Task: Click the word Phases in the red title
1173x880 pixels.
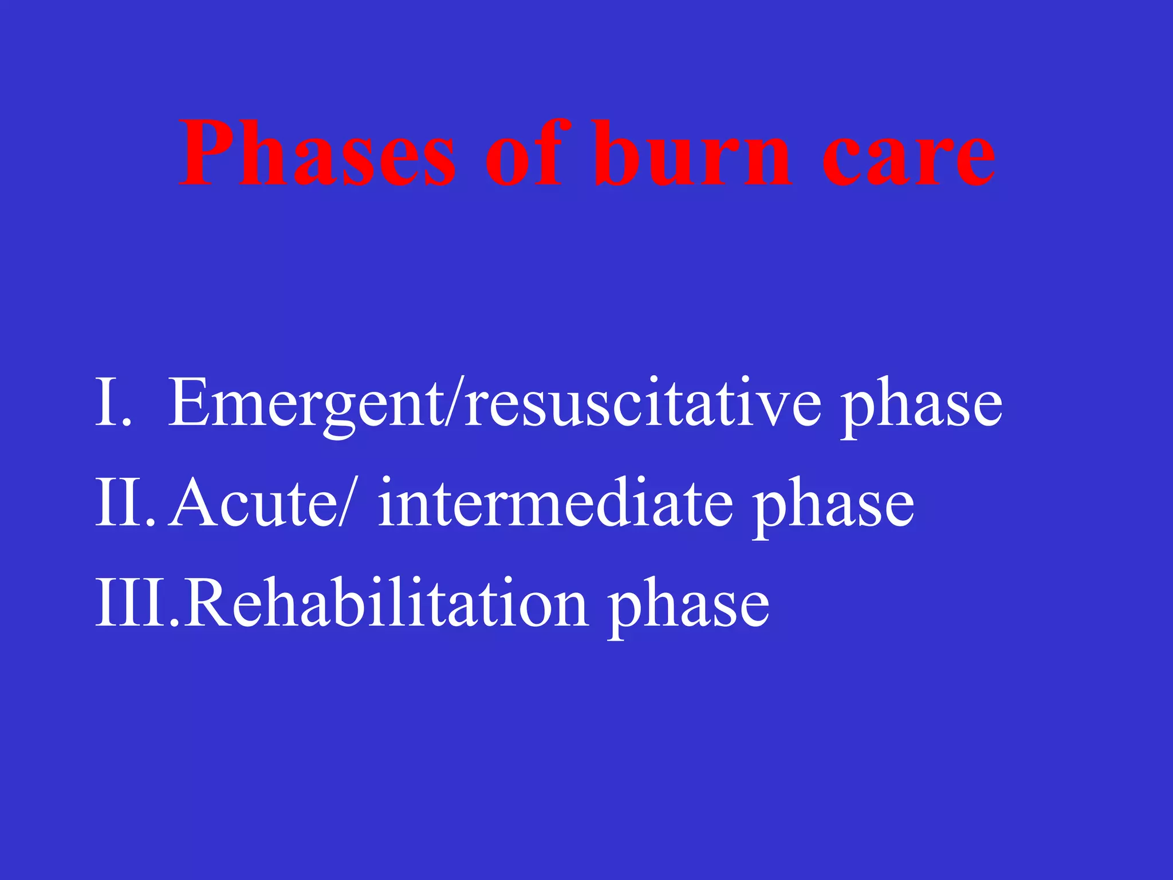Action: pyautogui.click(x=318, y=154)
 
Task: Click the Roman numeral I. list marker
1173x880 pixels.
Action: pyautogui.click(x=113, y=402)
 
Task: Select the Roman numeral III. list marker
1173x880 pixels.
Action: pyautogui.click(x=137, y=603)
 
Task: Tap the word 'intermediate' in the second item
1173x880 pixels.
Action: pyautogui.click(x=555, y=502)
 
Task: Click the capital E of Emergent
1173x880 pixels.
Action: pyautogui.click(x=187, y=402)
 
